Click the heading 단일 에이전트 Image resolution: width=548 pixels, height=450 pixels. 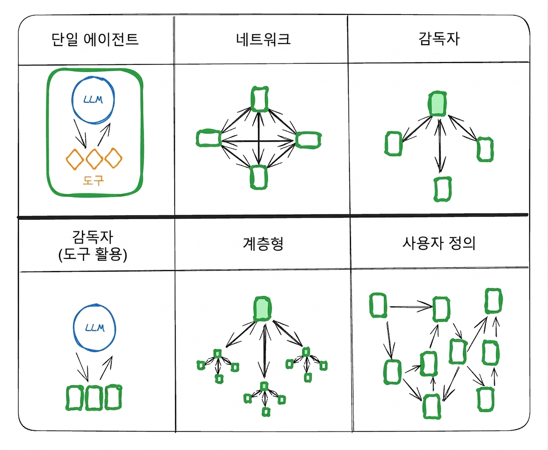pyautogui.click(x=95, y=39)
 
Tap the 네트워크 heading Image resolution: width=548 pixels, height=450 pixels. pyautogui.click(x=263, y=38)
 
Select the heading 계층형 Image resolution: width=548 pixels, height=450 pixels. pyautogui.click(x=263, y=244)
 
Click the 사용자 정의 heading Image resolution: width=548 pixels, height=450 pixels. pyautogui.click(x=439, y=243)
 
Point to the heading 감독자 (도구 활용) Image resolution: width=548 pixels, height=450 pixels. pyautogui.click(x=93, y=246)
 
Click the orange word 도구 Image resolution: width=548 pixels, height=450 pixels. pyautogui.click(x=93, y=180)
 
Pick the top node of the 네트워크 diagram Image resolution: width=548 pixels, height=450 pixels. pyautogui.click(x=260, y=99)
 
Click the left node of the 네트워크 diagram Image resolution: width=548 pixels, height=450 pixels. pyautogui.click(x=209, y=138)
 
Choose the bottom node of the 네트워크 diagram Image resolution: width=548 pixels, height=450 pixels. pyautogui.click(x=259, y=177)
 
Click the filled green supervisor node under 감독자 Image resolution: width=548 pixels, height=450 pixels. pyautogui.click(x=437, y=104)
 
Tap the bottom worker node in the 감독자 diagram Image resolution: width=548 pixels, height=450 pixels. pyautogui.click(x=443, y=189)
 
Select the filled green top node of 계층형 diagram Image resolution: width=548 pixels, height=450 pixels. pyautogui.click(x=263, y=309)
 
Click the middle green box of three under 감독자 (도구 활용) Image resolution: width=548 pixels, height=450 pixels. pyautogui.click(x=94, y=398)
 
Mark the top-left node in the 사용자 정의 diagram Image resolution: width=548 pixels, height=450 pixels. pyautogui.click(x=378, y=305)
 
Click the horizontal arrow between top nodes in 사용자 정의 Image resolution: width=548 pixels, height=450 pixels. pyautogui.click(x=411, y=307)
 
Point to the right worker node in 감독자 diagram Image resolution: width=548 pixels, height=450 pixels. pyautogui.click(x=485, y=149)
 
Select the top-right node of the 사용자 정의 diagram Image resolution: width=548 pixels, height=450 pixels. pyautogui.click(x=494, y=301)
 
